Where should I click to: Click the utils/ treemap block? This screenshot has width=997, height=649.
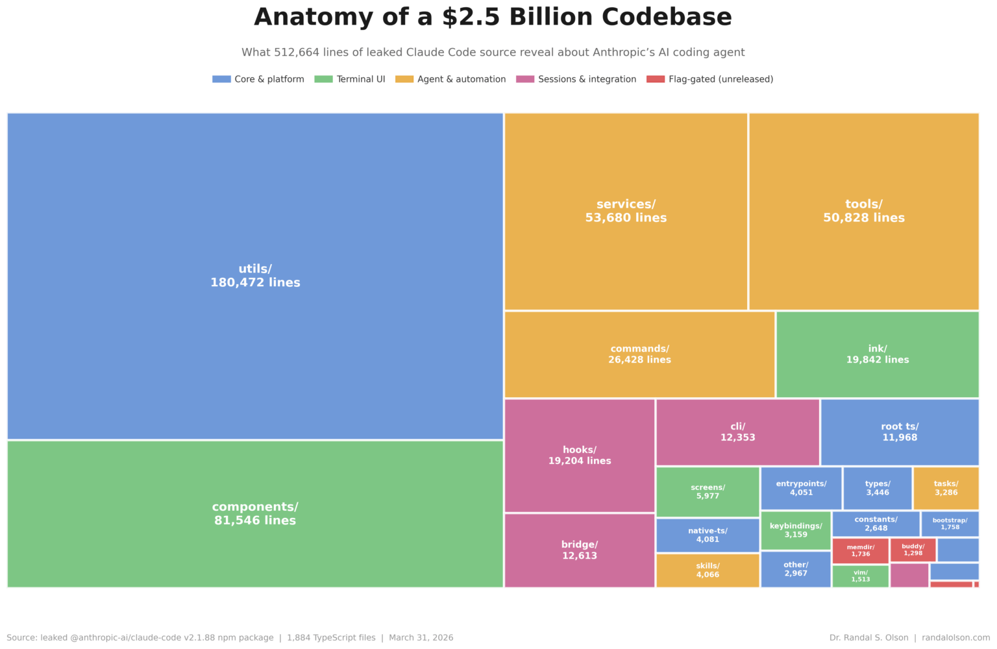point(255,276)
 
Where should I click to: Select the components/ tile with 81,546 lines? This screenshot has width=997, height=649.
point(255,513)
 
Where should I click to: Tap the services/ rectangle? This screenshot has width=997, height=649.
point(626,211)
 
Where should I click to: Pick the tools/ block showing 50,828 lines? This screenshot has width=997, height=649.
point(863,211)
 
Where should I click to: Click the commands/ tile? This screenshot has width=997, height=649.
point(639,354)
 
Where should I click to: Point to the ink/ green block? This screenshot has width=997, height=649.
point(877,354)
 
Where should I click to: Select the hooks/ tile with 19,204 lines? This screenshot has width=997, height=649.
point(579,455)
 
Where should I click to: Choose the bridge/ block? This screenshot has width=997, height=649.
point(579,550)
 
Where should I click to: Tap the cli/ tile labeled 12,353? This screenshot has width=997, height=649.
point(737,432)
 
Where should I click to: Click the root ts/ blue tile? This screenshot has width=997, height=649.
point(899,432)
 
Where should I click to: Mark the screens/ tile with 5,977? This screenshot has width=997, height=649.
point(708,491)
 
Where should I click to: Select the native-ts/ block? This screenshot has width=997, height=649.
point(708,535)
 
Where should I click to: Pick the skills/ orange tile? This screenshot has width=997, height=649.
point(708,570)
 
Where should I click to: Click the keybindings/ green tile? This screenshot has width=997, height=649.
point(795,530)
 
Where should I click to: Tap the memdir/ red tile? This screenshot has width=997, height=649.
point(860,550)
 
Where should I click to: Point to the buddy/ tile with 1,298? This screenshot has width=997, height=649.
point(913,550)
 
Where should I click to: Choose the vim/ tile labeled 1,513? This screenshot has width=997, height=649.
point(860,576)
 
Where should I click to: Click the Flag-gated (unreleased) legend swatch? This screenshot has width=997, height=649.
point(656,79)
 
